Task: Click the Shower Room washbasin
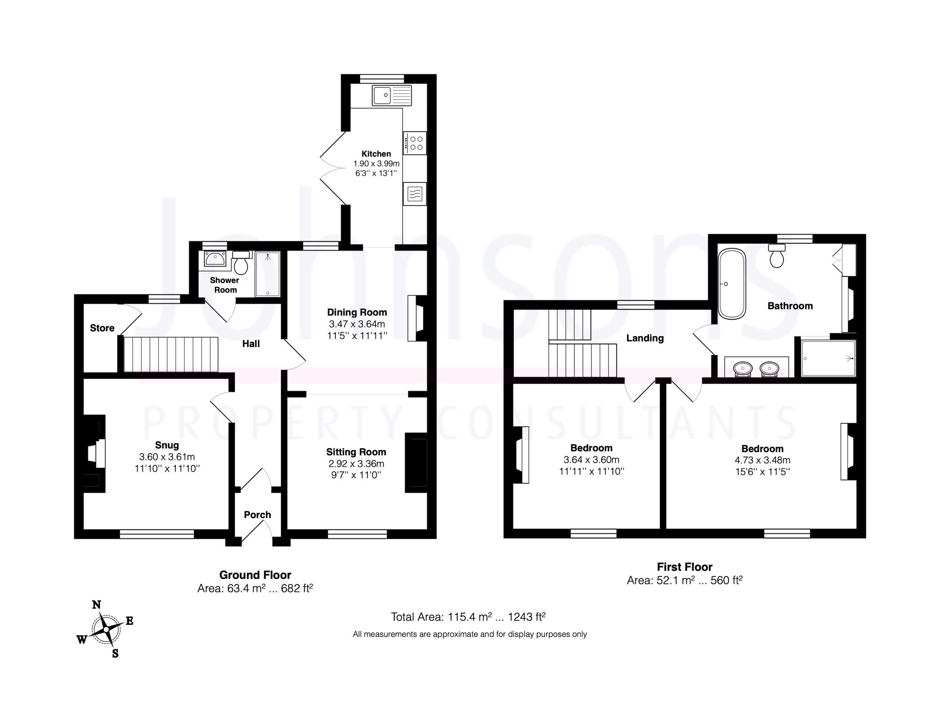pos(215,260)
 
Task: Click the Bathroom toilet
pos(777,256)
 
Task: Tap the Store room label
pos(102,328)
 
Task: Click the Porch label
pos(257,515)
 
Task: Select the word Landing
pos(645,338)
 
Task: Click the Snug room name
pos(167,445)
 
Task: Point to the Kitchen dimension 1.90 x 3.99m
pos(376,164)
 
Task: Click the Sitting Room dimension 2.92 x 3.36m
pos(356,464)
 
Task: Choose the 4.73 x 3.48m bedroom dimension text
pos(762,460)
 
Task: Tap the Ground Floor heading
pos(255,575)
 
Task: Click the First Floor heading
pos(684,567)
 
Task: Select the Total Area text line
pos(468,617)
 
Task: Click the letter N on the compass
pos(96,605)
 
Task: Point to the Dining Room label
pos(357,312)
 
